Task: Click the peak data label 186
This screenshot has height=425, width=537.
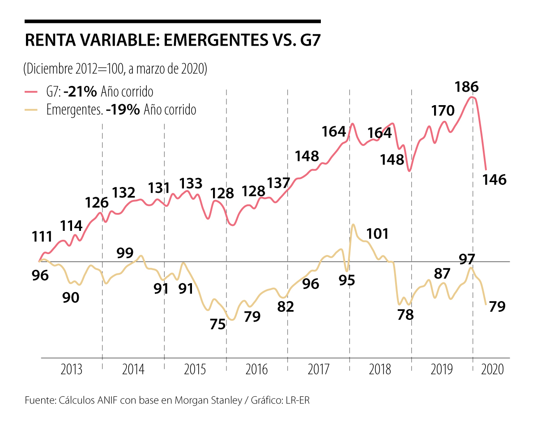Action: pyautogui.click(x=467, y=87)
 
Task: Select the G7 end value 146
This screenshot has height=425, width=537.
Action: pyautogui.click(x=494, y=180)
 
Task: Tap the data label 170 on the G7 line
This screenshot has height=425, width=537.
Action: pyautogui.click(x=443, y=110)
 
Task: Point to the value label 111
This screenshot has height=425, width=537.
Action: pyautogui.click(x=42, y=237)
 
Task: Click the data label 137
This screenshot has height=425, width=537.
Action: pyautogui.click(x=279, y=183)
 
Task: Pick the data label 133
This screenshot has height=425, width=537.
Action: pyautogui.click(x=191, y=183)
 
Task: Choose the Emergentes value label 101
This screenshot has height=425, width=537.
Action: pyautogui.click(x=377, y=234)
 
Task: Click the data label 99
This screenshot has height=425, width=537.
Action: pyautogui.click(x=125, y=253)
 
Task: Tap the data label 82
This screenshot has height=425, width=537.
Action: pyautogui.click(x=285, y=307)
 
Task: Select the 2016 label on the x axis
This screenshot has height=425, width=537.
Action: pyautogui.click(x=257, y=370)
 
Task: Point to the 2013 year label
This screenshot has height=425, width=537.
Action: pyautogui.click(x=71, y=370)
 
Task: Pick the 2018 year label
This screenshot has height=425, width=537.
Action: pyautogui.click(x=380, y=370)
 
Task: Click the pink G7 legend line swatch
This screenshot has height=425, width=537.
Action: pyautogui.click(x=31, y=92)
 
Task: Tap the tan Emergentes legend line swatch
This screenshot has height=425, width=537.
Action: pyautogui.click(x=31, y=110)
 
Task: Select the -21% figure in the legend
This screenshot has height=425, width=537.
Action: pyautogui.click(x=80, y=92)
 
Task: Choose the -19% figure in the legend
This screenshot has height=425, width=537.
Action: pyautogui.click(x=123, y=110)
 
